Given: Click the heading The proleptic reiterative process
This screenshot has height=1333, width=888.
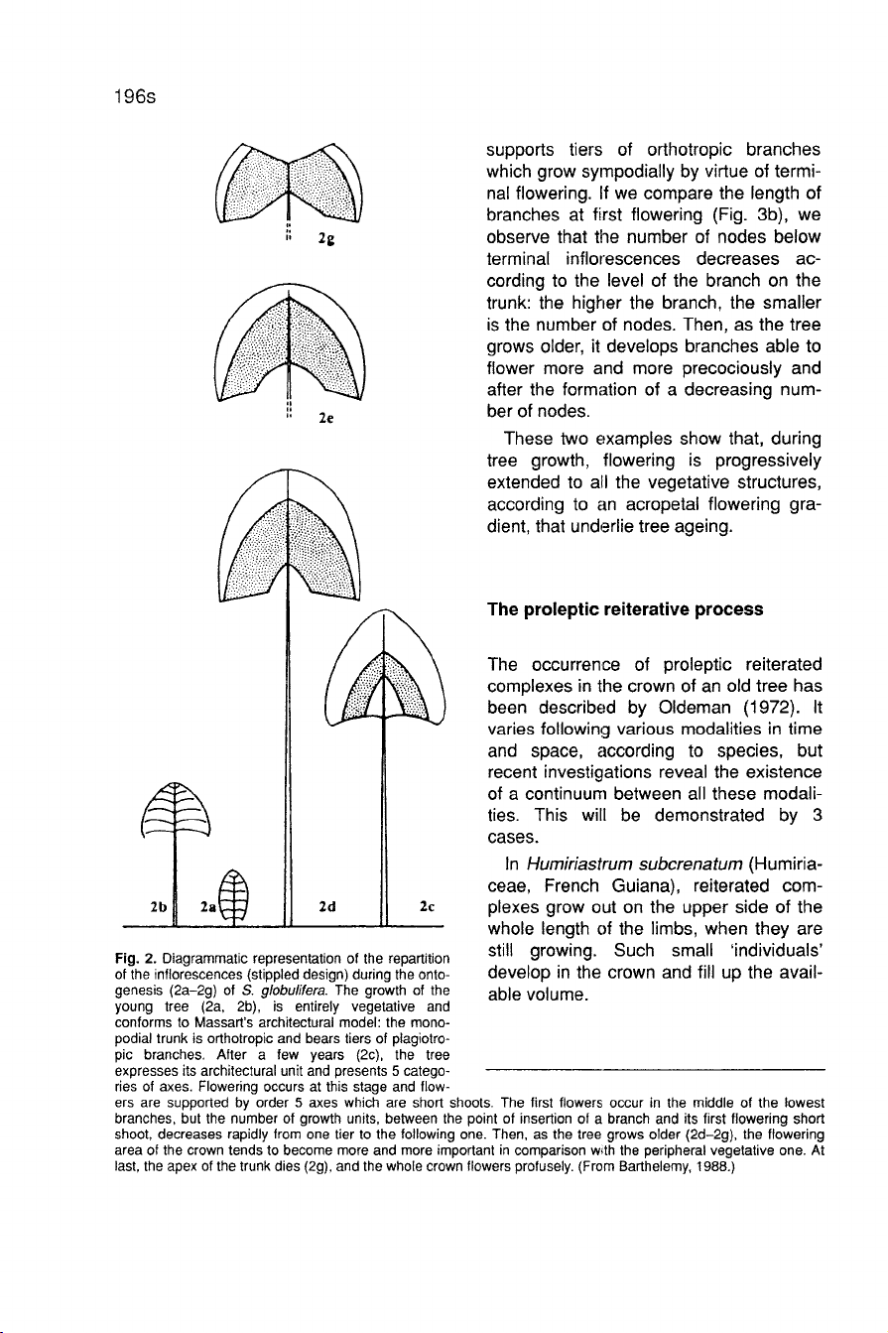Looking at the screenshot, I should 625,609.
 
